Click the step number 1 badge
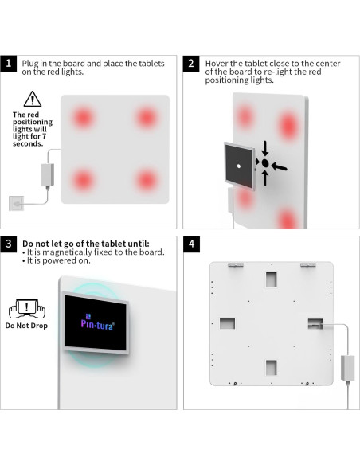coord(9,64)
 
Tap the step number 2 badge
coord(191,64)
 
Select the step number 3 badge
coord(9,244)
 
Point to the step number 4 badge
coord(192,244)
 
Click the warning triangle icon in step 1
coord(33,99)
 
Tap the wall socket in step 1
coord(16,204)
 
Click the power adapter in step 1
coord(48,175)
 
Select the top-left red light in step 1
coord(83,118)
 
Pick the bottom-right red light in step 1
coord(147,180)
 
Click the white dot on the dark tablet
coord(239,166)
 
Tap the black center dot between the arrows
coord(265,163)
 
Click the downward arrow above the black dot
coord(265,149)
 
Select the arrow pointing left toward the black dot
coord(279,166)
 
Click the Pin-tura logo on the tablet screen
coord(97,322)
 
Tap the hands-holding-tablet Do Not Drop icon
coord(27,309)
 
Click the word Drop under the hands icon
coord(40,326)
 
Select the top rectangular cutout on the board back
coord(271,279)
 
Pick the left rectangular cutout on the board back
coord(228,323)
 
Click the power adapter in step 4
coord(347,368)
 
